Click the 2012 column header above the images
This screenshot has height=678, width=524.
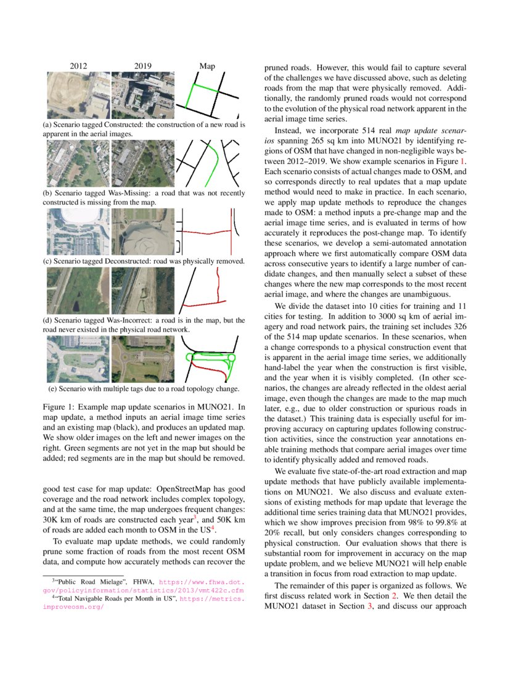78,66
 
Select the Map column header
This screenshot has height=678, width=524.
207,66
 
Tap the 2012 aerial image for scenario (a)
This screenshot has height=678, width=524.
78,96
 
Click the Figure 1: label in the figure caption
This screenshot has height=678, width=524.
58,407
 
